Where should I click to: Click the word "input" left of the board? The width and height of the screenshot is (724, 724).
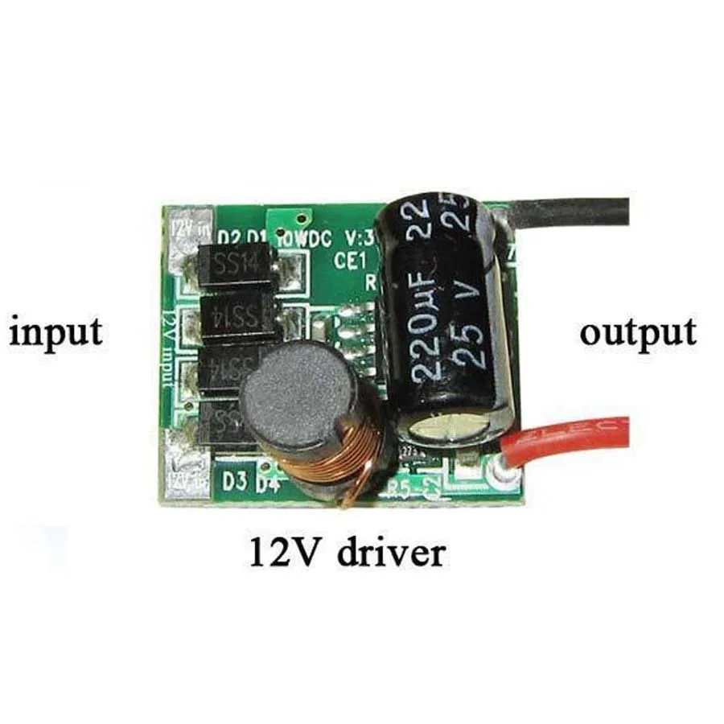pyautogui.click(x=56, y=331)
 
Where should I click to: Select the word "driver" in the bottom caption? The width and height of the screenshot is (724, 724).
pyautogui.click(x=391, y=553)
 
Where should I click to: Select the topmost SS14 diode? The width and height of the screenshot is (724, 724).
pyautogui.click(x=237, y=264)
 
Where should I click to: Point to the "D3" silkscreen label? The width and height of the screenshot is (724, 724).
pyautogui.click(x=234, y=482)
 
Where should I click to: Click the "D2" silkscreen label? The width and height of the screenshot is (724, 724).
pyautogui.click(x=229, y=238)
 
